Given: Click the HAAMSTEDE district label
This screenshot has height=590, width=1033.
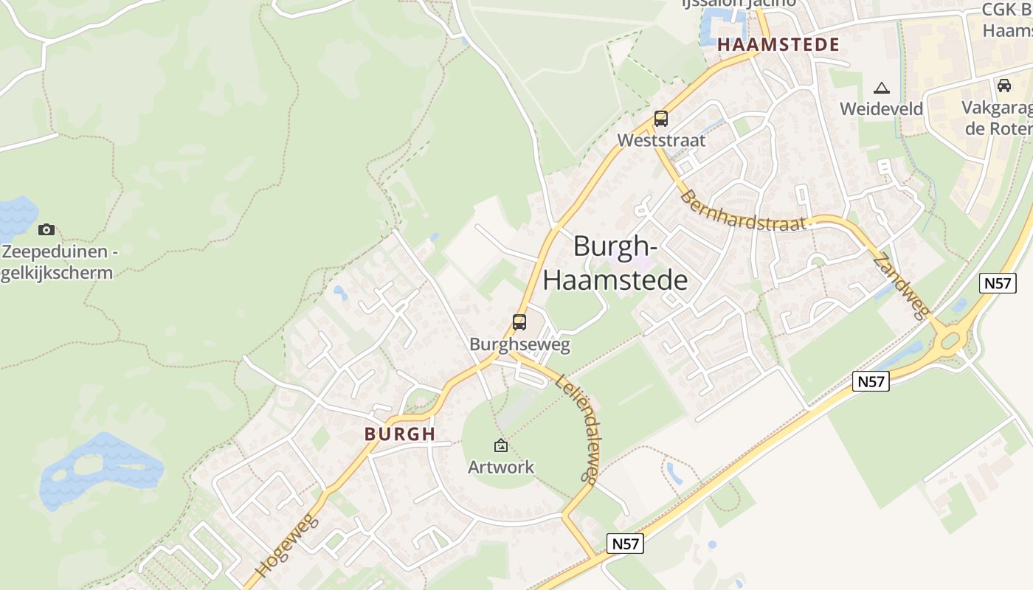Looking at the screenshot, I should [x=778, y=44].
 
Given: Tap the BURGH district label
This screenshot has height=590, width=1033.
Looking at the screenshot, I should [x=400, y=434].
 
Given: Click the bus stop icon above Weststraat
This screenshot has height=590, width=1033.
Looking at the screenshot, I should [x=661, y=119].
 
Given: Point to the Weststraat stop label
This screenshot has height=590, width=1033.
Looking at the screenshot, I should [x=661, y=140].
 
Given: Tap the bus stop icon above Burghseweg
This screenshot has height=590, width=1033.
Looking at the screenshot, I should [x=519, y=322].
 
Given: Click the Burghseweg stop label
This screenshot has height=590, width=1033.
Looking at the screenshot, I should [x=519, y=344].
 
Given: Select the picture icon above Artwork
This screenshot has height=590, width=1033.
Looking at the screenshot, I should [x=501, y=445].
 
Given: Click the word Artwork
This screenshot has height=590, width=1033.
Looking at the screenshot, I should [x=501, y=467].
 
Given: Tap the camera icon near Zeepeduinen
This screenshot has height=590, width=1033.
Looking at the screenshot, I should [x=46, y=230].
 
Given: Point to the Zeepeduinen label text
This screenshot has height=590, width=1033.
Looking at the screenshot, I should [x=59, y=262].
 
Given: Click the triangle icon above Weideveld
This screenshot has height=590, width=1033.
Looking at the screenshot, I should [x=881, y=88].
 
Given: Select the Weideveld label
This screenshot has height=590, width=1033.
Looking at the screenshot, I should [x=881, y=109].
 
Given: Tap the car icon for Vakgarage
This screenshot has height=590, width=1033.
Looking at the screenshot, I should [x=1003, y=86].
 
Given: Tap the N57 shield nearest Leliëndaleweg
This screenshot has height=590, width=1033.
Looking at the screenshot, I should [x=626, y=544].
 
